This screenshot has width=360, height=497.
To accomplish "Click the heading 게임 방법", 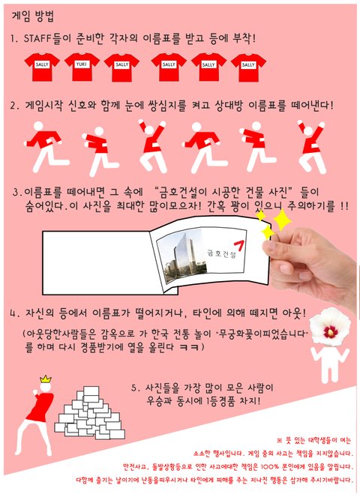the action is pos(33,16).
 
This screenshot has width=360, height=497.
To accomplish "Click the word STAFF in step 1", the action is pos(37,39).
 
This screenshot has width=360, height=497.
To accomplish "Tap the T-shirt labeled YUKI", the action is pos(82,67).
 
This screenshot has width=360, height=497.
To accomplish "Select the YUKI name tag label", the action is pos(82,64).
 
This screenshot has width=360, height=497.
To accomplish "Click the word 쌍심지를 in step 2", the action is pos(166,105).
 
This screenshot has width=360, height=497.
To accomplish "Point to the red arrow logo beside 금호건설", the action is pos(239,246).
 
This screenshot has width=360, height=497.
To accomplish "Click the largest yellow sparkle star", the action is pos(281,220).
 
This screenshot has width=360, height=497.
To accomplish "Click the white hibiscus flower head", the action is pos(330,327).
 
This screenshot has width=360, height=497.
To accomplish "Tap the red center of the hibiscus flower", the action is pos(331,331).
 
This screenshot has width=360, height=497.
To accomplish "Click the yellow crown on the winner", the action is pos(46,379).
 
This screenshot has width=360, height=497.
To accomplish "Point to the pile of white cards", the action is pos(89,413).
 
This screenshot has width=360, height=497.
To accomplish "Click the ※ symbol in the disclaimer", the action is pos(280,440).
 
